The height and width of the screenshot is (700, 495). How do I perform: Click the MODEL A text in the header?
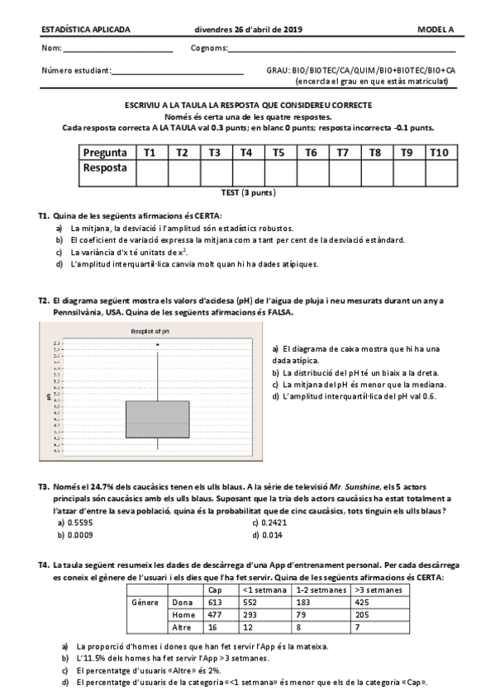[436, 30]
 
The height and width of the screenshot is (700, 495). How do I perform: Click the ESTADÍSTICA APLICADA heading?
[86, 30]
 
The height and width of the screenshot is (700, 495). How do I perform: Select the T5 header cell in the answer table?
[278, 152]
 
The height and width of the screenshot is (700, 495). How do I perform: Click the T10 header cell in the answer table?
[438, 152]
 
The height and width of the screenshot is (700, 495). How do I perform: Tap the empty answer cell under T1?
[150, 172]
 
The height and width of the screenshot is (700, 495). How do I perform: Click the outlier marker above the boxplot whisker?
[157, 344]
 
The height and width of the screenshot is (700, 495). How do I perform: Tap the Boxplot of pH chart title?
[150, 331]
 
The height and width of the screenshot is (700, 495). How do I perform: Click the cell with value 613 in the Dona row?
[216, 603]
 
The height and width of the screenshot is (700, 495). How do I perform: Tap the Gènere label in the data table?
[145, 603]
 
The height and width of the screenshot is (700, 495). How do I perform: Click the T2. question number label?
[45, 301]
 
